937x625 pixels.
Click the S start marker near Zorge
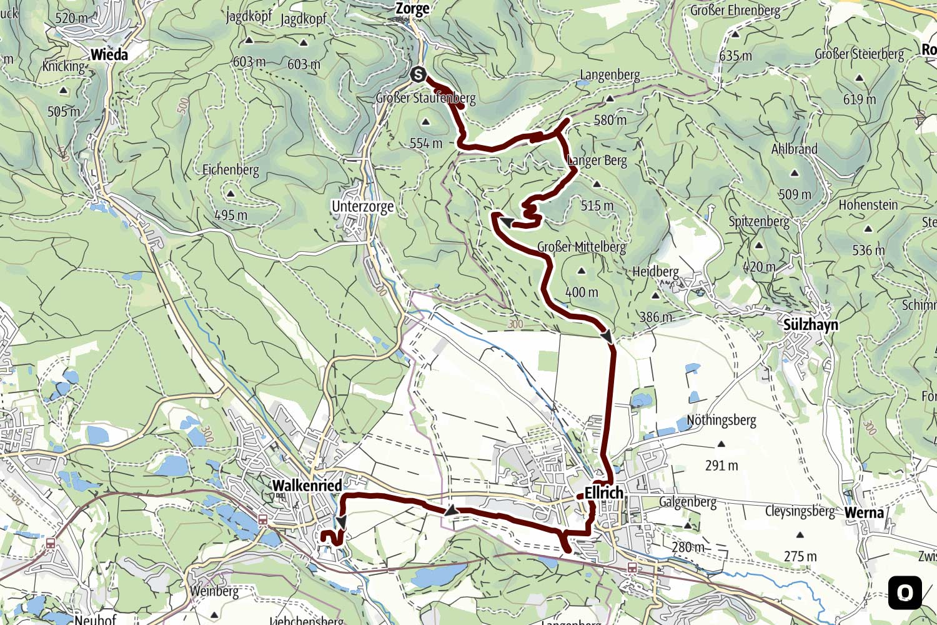tap(418, 75)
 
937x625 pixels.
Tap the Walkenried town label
tap(307, 486)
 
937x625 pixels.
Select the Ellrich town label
tap(603, 492)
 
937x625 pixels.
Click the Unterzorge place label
tap(362, 206)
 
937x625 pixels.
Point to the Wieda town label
tap(109, 54)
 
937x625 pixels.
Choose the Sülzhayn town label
tap(810, 325)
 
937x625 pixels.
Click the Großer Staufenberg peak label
tap(425, 98)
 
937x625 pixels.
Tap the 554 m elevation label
tap(425, 144)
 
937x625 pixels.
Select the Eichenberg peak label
tap(231, 169)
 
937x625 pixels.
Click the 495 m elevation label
tap(231, 216)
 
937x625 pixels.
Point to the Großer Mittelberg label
tap(581, 247)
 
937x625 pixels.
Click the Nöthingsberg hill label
tap(721, 420)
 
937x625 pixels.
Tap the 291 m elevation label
tap(721, 466)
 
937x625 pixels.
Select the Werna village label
tap(864, 513)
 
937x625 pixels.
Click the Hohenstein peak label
tap(868, 205)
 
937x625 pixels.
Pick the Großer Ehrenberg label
tap(735, 11)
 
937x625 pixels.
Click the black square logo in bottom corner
tap(905, 592)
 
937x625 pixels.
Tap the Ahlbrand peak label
tap(794, 149)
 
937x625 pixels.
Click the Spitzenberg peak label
tap(758, 221)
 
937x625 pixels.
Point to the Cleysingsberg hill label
tap(800, 511)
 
